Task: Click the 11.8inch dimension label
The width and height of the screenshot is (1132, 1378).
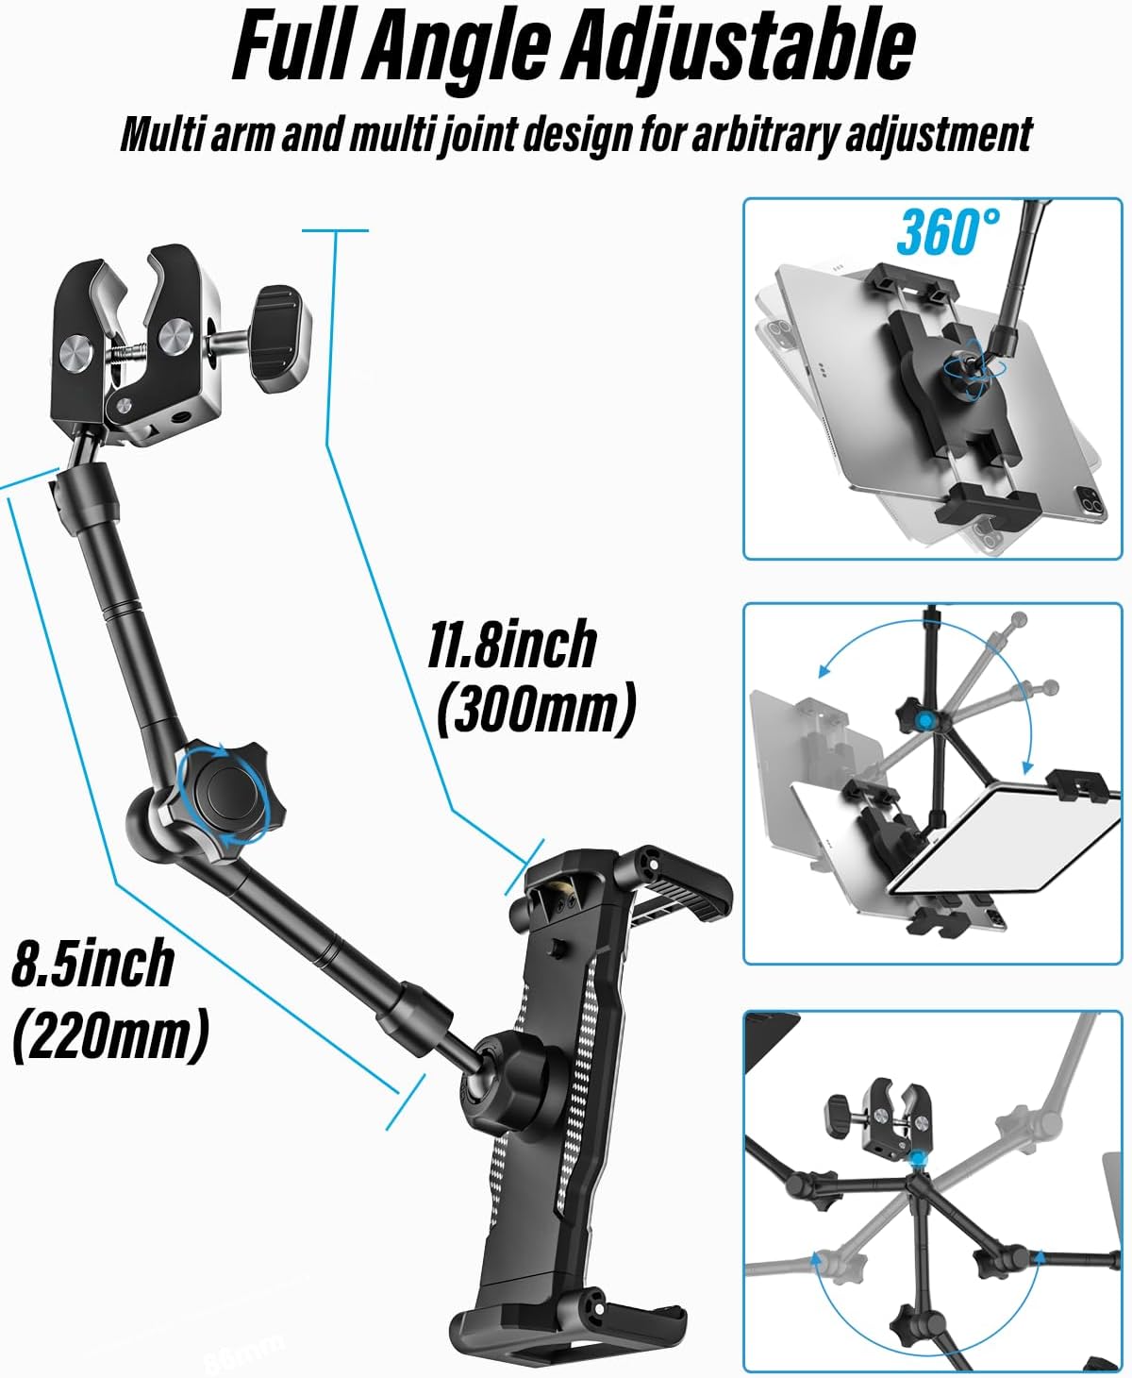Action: [x=512, y=644]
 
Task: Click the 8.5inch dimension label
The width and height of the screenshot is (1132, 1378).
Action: [x=92, y=963]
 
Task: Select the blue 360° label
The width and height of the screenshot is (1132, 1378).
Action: [x=948, y=232]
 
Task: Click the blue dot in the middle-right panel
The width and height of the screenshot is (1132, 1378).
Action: [x=924, y=721]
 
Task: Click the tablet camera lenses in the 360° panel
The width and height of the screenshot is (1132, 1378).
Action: [x=1090, y=504]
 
